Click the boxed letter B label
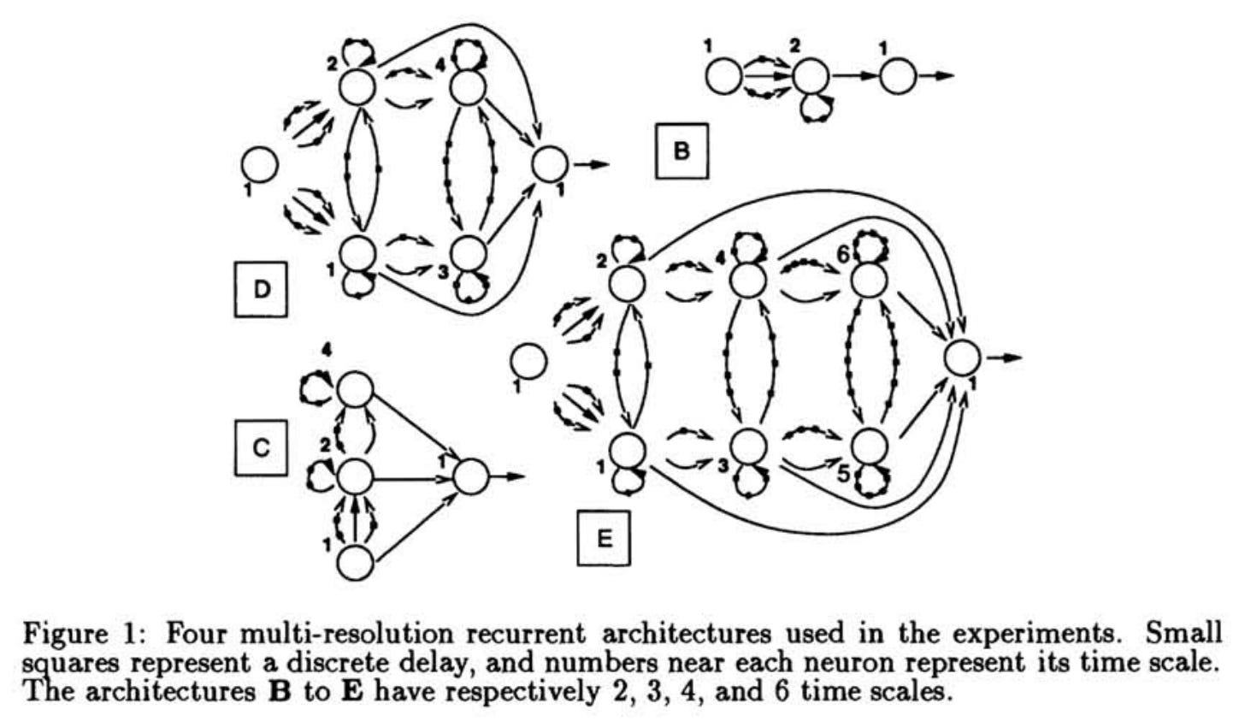pyautogui.click(x=682, y=151)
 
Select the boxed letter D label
pyautogui.click(x=261, y=290)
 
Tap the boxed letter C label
pyautogui.click(x=261, y=447)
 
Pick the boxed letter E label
pyautogui.click(x=604, y=538)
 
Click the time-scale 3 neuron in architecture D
pyautogui.click(x=468, y=253)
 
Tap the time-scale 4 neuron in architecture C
pyautogui.click(x=355, y=391)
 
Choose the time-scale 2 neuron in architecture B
pyautogui.click(x=811, y=78)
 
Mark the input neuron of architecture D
pyautogui.click(x=259, y=164)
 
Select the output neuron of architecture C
pyautogui.click(x=469, y=476)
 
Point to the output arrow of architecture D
pyautogui.click(x=592, y=164)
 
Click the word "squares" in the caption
pyautogui.click(x=64, y=664)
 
